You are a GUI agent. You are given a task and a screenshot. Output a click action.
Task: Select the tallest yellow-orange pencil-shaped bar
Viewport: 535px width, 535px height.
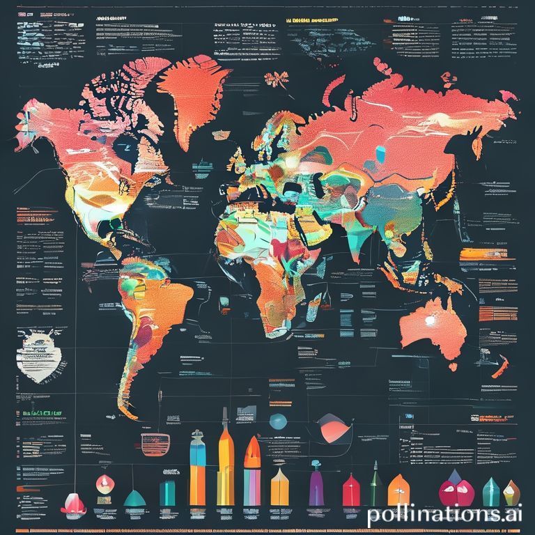[225, 467]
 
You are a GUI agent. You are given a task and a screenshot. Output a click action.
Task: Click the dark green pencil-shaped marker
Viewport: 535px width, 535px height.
[374, 484]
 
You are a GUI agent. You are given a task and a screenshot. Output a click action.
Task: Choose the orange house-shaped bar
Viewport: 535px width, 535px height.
[398, 490]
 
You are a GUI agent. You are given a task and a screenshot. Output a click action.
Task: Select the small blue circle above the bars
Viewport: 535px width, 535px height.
[278, 421]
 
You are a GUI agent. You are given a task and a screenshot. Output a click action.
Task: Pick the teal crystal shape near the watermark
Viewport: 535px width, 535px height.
[492, 491]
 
